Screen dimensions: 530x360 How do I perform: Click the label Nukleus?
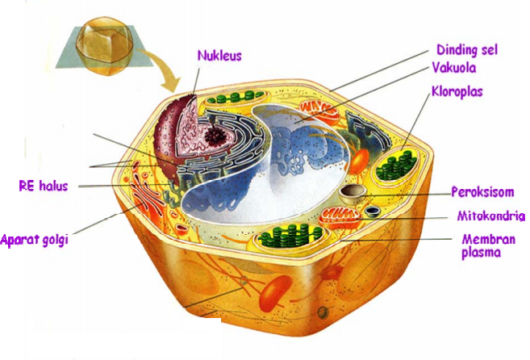(x=219, y=57)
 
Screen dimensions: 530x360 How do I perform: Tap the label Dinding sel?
(x=466, y=50)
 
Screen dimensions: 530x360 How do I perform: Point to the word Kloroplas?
(x=457, y=92)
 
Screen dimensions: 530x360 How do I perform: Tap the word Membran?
(x=482, y=240)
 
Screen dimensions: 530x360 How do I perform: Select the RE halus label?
(x=43, y=186)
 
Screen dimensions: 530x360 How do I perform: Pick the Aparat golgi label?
(x=31, y=240)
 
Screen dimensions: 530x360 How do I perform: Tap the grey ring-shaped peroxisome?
(x=352, y=193)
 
